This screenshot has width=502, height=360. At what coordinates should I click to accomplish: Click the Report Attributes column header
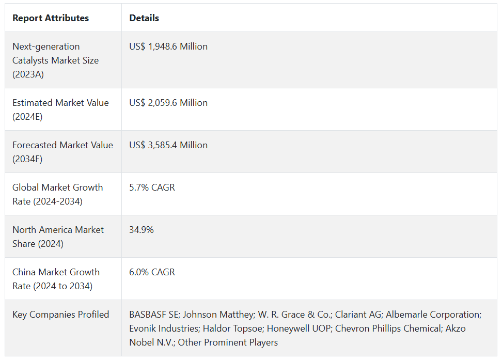[51, 18]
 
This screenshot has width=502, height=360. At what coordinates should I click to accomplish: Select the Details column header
[144, 18]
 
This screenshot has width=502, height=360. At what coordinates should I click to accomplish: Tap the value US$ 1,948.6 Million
[168, 46]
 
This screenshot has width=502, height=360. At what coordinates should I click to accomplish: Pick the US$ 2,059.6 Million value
[168, 103]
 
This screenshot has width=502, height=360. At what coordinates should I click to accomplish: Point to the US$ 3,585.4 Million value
[168, 145]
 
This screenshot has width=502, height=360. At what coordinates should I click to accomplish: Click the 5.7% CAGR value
[152, 187]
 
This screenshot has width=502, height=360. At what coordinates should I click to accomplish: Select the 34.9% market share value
[142, 230]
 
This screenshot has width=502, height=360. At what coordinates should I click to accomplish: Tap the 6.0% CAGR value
[152, 272]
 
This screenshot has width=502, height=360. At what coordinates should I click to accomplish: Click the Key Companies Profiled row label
[61, 315]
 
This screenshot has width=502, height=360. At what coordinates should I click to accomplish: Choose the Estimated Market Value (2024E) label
[60, 109]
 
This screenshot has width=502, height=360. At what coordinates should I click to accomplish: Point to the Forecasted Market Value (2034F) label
[62, 152]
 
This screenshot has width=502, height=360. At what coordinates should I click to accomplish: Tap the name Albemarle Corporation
[433, 315]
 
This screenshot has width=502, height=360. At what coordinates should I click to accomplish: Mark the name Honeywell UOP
[296, 328]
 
